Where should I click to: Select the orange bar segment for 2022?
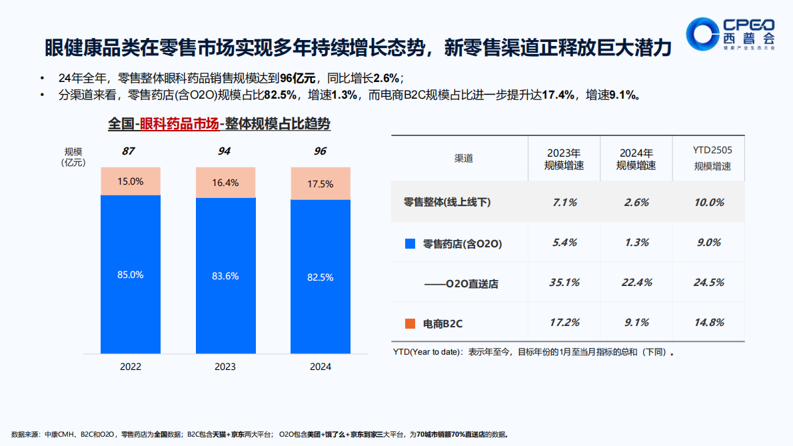pos(131,181)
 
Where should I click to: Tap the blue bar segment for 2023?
pos(225,275)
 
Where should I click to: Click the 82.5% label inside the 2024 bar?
pos(321,277)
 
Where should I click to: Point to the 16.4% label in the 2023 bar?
pos(225,183)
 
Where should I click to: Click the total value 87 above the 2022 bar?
pos(129,151)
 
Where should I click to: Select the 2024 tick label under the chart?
pos(321,367)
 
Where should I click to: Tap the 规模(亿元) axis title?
pos(73,157)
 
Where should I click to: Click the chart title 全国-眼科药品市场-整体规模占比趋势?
pos(219,124)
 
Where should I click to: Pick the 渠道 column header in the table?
pos(463,159)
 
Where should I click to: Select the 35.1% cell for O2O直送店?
pos(564,283)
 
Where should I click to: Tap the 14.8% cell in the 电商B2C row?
pos(708,323)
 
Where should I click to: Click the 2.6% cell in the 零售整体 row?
pos(636,203)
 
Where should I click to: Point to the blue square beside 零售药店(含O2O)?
pos(410,243)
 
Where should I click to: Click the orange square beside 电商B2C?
pos(410,323)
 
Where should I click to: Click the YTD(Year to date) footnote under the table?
pos(533,351)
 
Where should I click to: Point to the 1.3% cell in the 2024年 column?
pos(636,243)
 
